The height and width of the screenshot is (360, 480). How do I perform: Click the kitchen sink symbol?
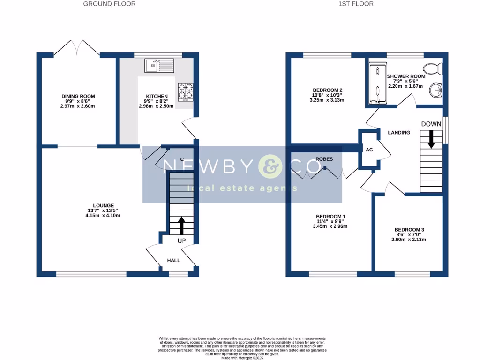[159, 65]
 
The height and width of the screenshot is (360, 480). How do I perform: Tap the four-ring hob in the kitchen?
[185, 91]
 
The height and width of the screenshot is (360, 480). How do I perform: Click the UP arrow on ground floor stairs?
[181, 225]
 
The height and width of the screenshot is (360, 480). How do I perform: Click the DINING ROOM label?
[78, 96]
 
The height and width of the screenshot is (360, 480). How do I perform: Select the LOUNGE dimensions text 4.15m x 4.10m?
[103, 216]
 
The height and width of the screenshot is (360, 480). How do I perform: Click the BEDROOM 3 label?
[408, 230]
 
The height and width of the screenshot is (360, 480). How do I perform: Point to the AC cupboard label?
[369, 150]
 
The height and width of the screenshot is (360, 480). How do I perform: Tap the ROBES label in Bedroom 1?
[324, 159]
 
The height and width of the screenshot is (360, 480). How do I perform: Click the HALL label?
[174, 260]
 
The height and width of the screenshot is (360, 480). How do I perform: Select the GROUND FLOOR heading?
[109, 4]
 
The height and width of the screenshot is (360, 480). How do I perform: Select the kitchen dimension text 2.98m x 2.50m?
[156, 106]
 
